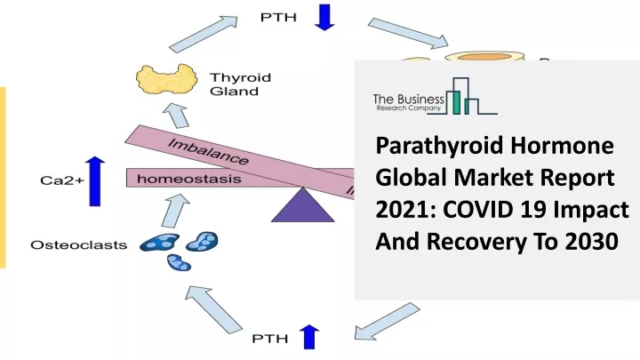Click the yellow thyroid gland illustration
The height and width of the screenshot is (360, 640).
coord(166,78)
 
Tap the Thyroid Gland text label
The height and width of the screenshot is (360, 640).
coord(240,84)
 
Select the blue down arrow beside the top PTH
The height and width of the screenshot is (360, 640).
coord(325,17)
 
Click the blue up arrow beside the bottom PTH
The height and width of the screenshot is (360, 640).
coord(309,337)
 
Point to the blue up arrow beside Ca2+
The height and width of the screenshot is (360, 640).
coord(95,181)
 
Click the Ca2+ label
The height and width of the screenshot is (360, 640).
coord(62,180)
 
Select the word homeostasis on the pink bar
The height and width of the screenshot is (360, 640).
coord(189,179)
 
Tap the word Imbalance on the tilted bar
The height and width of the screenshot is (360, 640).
coord(208,152)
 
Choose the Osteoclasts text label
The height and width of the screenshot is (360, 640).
coord(79,245)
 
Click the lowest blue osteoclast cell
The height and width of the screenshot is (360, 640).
coord(180,262)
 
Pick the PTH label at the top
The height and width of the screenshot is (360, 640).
coord(278,18)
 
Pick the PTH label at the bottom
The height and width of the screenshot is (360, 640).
coord(270,339)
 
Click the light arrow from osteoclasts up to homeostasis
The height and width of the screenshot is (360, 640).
coord(175,211)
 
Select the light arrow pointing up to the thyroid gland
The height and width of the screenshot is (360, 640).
coord(176,116)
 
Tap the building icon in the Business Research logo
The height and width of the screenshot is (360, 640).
coord(462,96)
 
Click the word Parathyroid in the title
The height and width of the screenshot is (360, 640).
coord(435,146)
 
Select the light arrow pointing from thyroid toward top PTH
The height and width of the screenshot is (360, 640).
coord(204,35)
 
